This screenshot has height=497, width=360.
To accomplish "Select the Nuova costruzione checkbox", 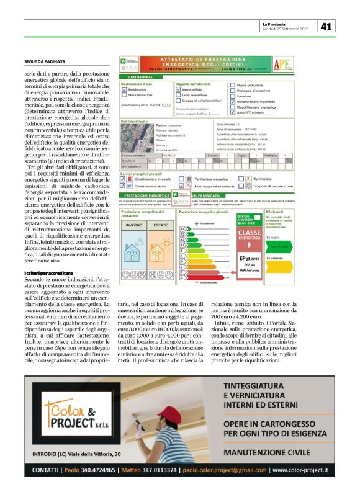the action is click(x=232, y=85).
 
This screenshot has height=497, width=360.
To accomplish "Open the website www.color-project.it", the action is click(x=300, y=470).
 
